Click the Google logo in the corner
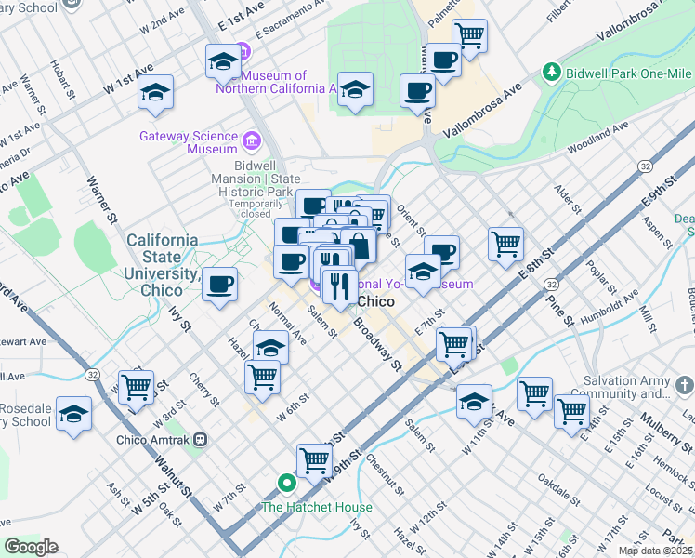coord(32,547)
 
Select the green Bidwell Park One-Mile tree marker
coord(552,72)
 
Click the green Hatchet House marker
coord(287,484)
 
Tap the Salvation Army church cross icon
coord(683,384)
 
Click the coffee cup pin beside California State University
coord(219,285)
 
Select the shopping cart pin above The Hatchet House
coord(314,460)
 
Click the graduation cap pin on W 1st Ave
coord(156,92)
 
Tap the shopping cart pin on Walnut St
coord(136,386)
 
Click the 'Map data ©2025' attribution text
coord(656,551)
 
